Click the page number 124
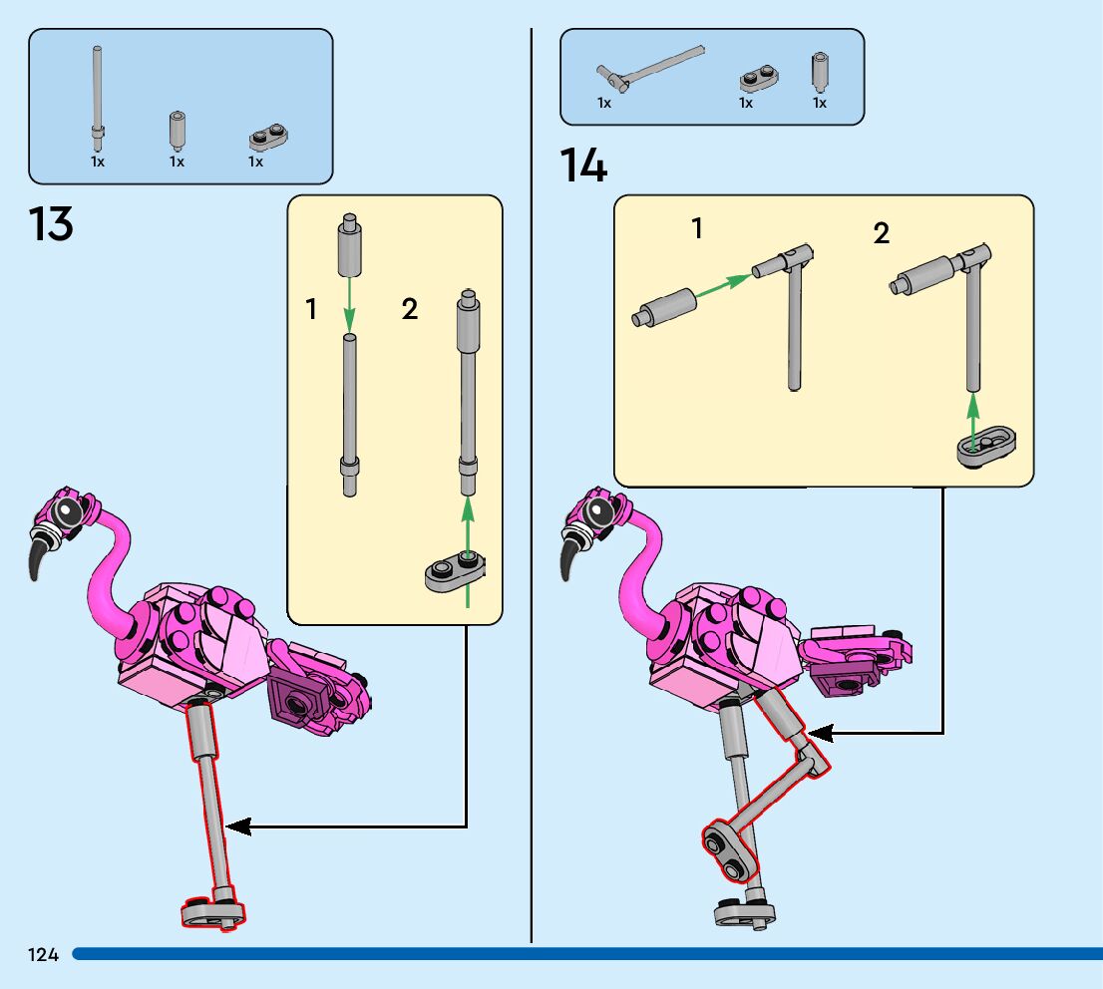pos(44,955)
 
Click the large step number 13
pos(51,224)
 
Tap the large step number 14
pos(583,165)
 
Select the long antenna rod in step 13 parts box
pos(98,95)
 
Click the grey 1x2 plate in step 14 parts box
pos(759,78)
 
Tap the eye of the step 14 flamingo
pos(600,513)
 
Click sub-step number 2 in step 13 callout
pos(410,309)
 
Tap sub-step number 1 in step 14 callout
pos(697,229)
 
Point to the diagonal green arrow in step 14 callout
pos(722,282)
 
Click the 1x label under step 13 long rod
pos(97,162)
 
